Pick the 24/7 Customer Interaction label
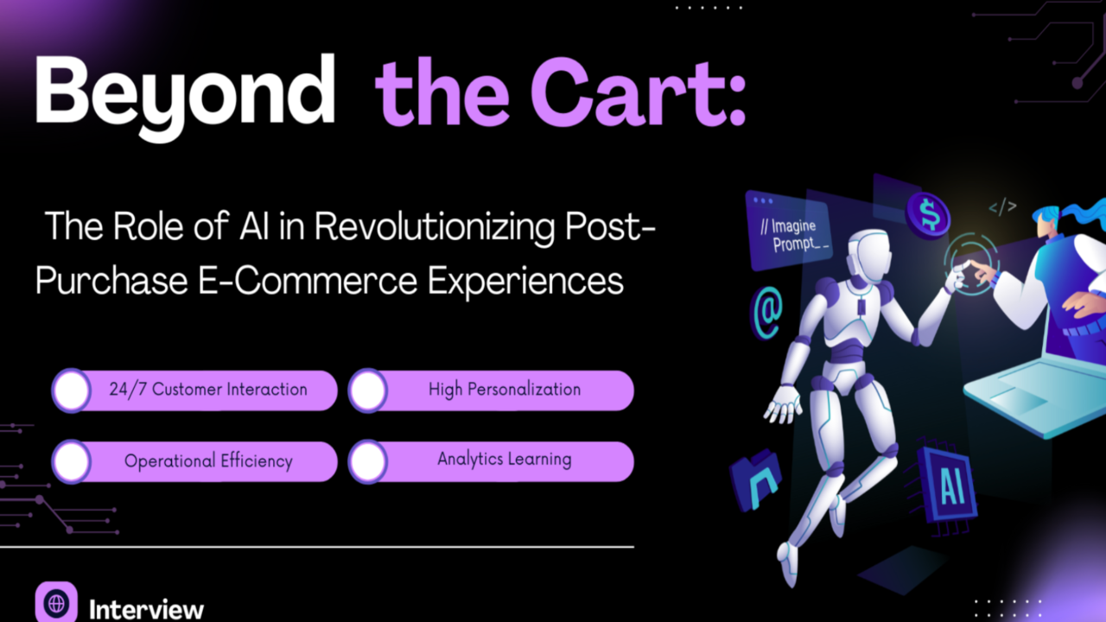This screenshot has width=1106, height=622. click(x=208, y=390)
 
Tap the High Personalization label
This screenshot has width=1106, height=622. click(x=504, y=390)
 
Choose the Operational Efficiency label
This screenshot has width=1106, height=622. click(x=208, y=461)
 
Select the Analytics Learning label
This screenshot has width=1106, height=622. click(x=504, y=459)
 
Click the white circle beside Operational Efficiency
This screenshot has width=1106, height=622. click(x=72, y=461)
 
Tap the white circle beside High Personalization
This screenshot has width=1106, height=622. click(x=368, y=390)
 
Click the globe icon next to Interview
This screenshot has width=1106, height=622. click(x=56, y=602)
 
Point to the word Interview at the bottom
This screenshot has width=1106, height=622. click(x=146, y=610)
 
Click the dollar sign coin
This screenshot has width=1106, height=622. click(x=928, y=216)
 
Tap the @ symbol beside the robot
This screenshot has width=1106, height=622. click(x=766, y=314)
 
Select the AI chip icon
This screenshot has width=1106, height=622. click(x=944, y=486)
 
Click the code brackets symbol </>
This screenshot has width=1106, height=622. click(x=1003, y=206)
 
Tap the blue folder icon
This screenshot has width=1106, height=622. click(x=756, y=479)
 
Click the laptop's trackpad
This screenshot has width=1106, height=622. click(x=1019, y=399)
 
